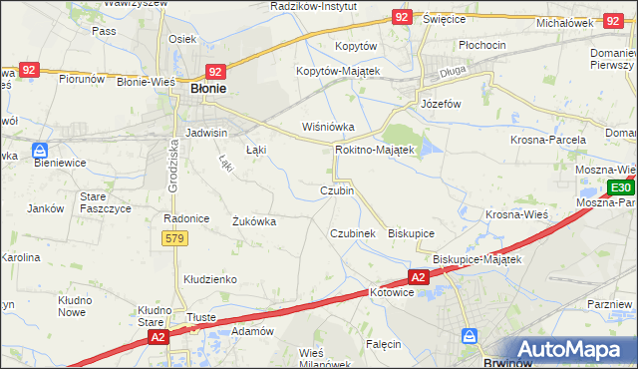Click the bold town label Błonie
(207, 89)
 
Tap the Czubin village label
(337, 190)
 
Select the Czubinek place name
(352, 232)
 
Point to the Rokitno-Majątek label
(374, 149)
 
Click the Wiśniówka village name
(328, 127)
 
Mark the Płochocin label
(481, 45)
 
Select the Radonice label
(184, 217)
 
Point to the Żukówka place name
(253, 221)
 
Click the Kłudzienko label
(207, 280)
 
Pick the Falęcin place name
(383, 344)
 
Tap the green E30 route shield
(620, 187)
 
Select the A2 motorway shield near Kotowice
(418, 277)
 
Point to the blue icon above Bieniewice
(39, 152)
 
